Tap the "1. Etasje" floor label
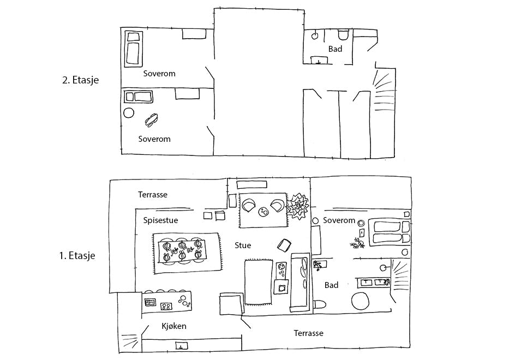tap(76, 255)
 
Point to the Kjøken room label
tap(174, 326)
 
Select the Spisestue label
tap(160, 220)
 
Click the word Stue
tap(243, 245)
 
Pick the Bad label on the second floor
tap(335, 49)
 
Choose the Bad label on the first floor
tap(331, 285)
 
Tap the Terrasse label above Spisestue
tap(153, 194)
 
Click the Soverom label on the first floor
tap(339, 220)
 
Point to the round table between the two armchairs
tap(263, 211)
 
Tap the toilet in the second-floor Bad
tap(343, 35)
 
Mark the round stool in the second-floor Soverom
tap(129, 113)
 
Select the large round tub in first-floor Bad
tap(361, 302)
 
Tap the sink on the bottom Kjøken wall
tap(181, 345)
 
